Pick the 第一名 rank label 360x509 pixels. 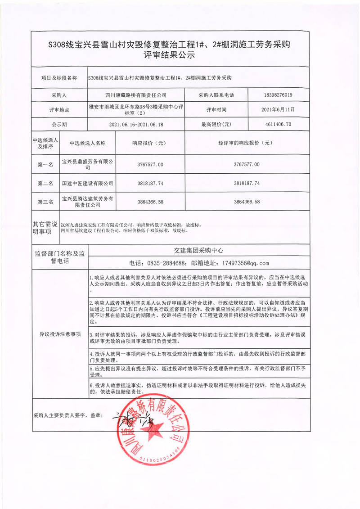(45, 165)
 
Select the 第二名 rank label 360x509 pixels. (45, 184)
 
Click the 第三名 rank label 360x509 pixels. (45, 202)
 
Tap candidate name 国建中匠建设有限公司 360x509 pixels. (88, 184)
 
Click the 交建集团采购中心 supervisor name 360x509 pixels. (198, 250)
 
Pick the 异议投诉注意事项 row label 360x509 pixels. (60, 334)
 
